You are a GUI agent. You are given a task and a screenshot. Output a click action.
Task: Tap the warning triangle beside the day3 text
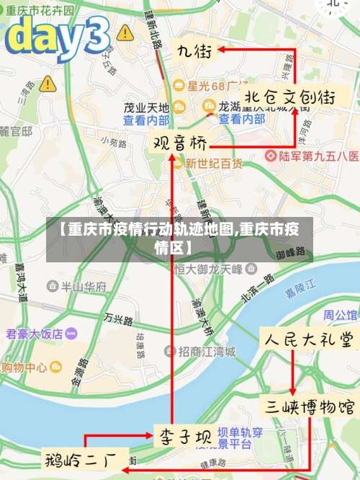[x=125, y=32]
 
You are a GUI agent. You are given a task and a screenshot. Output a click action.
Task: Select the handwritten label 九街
[x=194, y=51]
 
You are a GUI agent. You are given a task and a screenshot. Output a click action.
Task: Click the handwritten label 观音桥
[x=177, y=142]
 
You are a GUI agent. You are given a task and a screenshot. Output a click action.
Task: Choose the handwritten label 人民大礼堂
[x=309, y=339]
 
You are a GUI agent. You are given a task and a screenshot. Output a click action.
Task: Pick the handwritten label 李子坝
[x=184, y=436]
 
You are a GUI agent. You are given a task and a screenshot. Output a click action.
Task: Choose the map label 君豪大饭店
[x=37, y=334]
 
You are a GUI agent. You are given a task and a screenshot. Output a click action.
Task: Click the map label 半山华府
[x=82, y=286]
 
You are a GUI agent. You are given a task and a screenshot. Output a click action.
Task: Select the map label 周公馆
[x=339, y=314]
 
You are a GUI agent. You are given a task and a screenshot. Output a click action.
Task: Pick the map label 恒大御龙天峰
[x=213, y=269]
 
